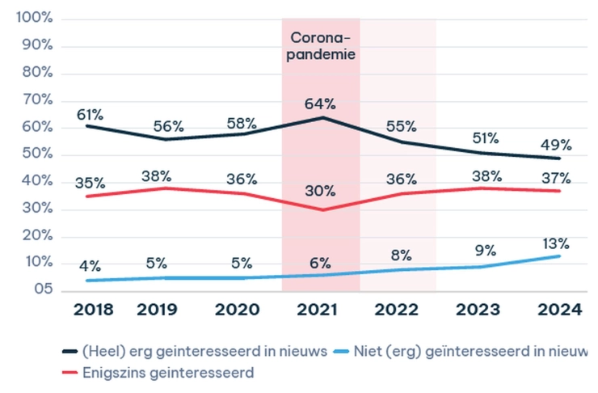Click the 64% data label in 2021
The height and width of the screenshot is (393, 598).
pyautogui.click(x=321, y=104)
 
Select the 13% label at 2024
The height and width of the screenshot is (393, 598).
pyautogui.click(x=556, y=243)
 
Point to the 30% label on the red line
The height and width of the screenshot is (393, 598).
pyautogui.click(x=321, y=191)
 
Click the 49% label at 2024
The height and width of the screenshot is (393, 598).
pyautogui.click(x=556, y=145)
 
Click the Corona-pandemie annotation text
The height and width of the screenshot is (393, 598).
pyautogui.click(x=321, y=47)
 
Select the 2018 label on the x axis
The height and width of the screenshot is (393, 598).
pyautogui.click(x=92, y=310)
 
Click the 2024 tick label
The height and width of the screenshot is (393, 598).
pyautogui.click(x=561, y=310)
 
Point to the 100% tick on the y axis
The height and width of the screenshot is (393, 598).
pyautogui.click(x=33, y=18)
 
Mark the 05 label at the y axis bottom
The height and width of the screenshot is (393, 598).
pyautogui.click(x=39, y=289)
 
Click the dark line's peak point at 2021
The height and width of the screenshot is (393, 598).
pyautogui.click(x=321, y=117)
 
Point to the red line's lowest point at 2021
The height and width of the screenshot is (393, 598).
pyautogui.click(x=321, y=210)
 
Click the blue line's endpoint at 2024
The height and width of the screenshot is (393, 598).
pyautogui.click(x=559, y=256)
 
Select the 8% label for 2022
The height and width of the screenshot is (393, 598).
pyautogui.click(x=401, y=255)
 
